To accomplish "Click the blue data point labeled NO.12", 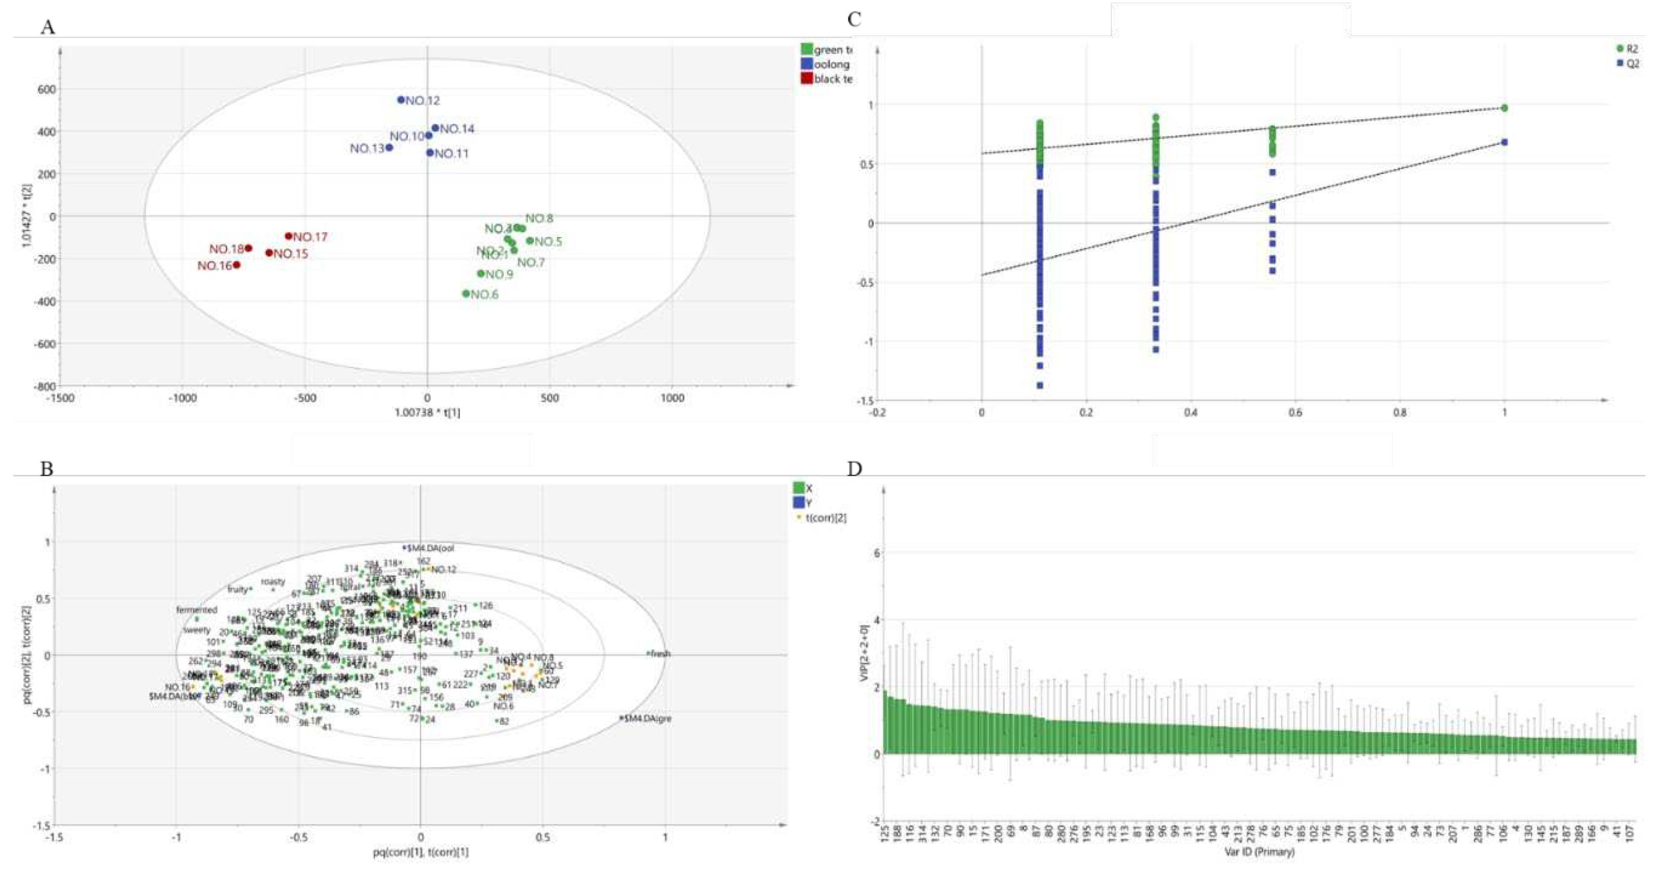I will (401, 100).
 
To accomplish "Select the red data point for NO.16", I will (236, 265).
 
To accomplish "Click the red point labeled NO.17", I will (289, 236).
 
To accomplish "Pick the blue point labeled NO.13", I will (389, 148).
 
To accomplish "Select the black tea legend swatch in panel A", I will (806, 78).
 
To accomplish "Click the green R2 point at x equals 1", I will (1505, 108).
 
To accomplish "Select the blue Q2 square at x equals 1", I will (1505, 142).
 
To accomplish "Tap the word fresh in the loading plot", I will (660, 653).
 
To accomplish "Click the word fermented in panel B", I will (197, 609).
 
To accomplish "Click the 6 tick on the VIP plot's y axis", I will (877, 553).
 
